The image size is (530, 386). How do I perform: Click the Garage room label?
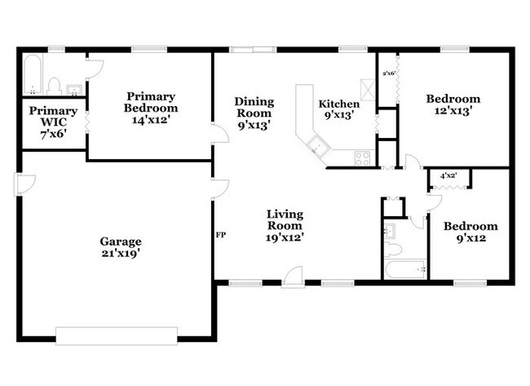click(121, 242)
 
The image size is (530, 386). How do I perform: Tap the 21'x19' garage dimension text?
click(121, 253)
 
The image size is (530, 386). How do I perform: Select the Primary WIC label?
click(53, 116)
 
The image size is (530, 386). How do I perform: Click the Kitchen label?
click(338, 104)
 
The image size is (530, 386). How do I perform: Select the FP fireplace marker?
click(220, 235)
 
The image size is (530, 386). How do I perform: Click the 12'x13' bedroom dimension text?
click(448, 111)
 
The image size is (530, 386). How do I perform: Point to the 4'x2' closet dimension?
click(448, 175)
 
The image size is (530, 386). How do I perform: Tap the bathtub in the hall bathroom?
click(405, 269)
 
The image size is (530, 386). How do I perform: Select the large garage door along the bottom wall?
click(116, 335)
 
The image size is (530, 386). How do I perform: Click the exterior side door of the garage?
click(19, 184)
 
